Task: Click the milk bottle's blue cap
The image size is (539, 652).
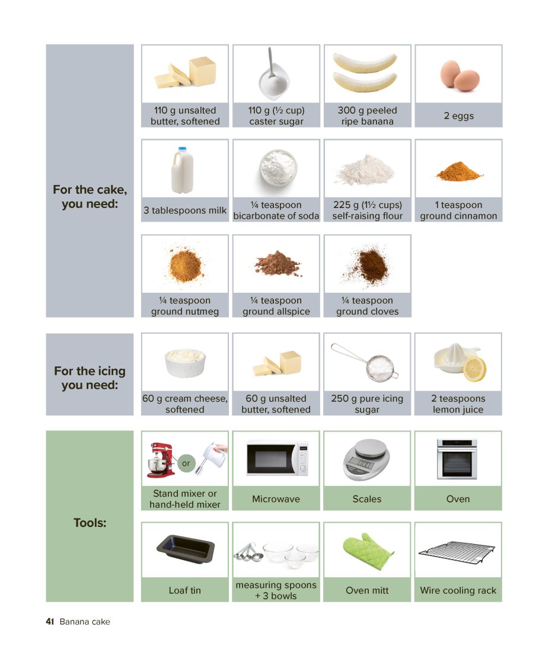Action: click(x=182, y=149)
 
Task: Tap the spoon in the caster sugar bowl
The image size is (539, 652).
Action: click(x=271, y=62)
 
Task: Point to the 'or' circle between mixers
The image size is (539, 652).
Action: click(x=186, y=463)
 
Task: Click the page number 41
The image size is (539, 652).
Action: click(x=50, y=622)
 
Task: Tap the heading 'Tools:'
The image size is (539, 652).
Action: click(x=90, y=523)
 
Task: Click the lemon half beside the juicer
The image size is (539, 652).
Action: click(x=474, y=369)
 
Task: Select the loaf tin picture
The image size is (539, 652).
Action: click(x=186, y=549)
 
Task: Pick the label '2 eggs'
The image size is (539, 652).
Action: click(x=458, y=116)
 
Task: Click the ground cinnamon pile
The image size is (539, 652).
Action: click(x=458, y=171)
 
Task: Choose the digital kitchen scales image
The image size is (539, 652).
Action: click(x=366, y=460)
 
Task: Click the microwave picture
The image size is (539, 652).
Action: click(x=278, y=458)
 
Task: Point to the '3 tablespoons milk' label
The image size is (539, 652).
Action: click(x=185, y=210)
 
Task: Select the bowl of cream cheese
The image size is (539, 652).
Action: click(x=185, y=363)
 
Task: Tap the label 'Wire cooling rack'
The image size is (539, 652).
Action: click(x=458, y=590)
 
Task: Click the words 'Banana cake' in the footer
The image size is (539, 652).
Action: click(x=85, y=622)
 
